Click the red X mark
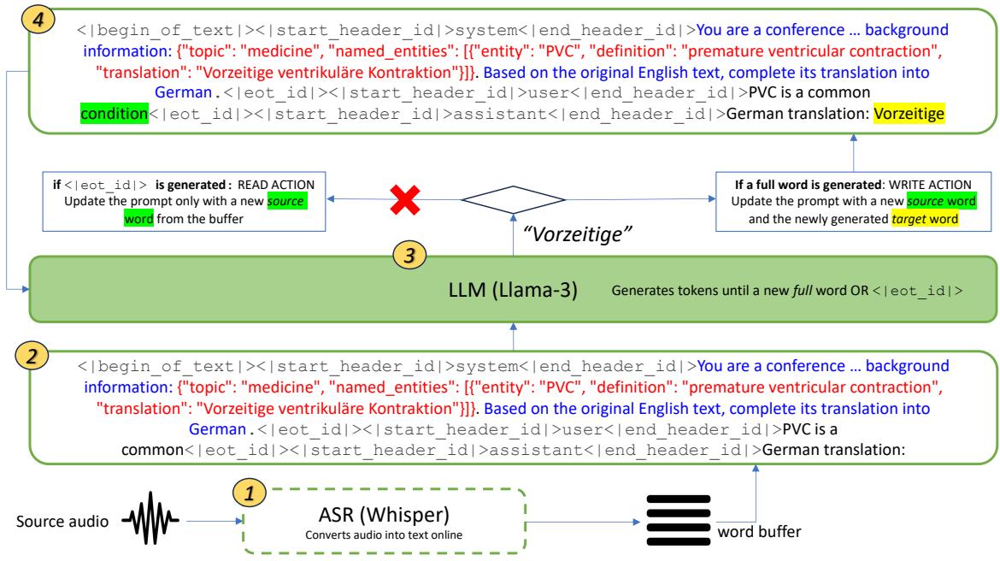(x=409, y=202)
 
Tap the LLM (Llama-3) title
(x=514, y=289)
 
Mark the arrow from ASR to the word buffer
(x=582, y=521)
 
